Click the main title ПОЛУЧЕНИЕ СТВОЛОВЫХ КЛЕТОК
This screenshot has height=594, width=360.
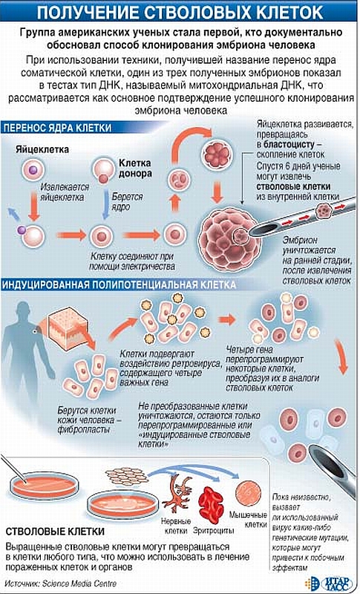(x=180, y=13)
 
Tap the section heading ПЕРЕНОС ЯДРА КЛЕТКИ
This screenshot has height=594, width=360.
(x=58, y=128)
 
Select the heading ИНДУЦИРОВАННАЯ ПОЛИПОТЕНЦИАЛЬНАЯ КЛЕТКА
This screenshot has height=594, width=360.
(x=120, y=285)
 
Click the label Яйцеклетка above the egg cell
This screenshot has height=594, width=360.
(x=42, y=149)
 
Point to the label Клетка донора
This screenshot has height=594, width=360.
(x=136, y=169)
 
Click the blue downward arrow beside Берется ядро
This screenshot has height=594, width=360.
(x=106, y=205)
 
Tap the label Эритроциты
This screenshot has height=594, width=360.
(x=214, y=531)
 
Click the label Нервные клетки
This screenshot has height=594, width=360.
(x=176, y=526)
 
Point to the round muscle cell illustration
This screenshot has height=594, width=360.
(x=248, y=493)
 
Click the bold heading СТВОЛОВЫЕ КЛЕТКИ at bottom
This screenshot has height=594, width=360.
(x=55, y=532)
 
